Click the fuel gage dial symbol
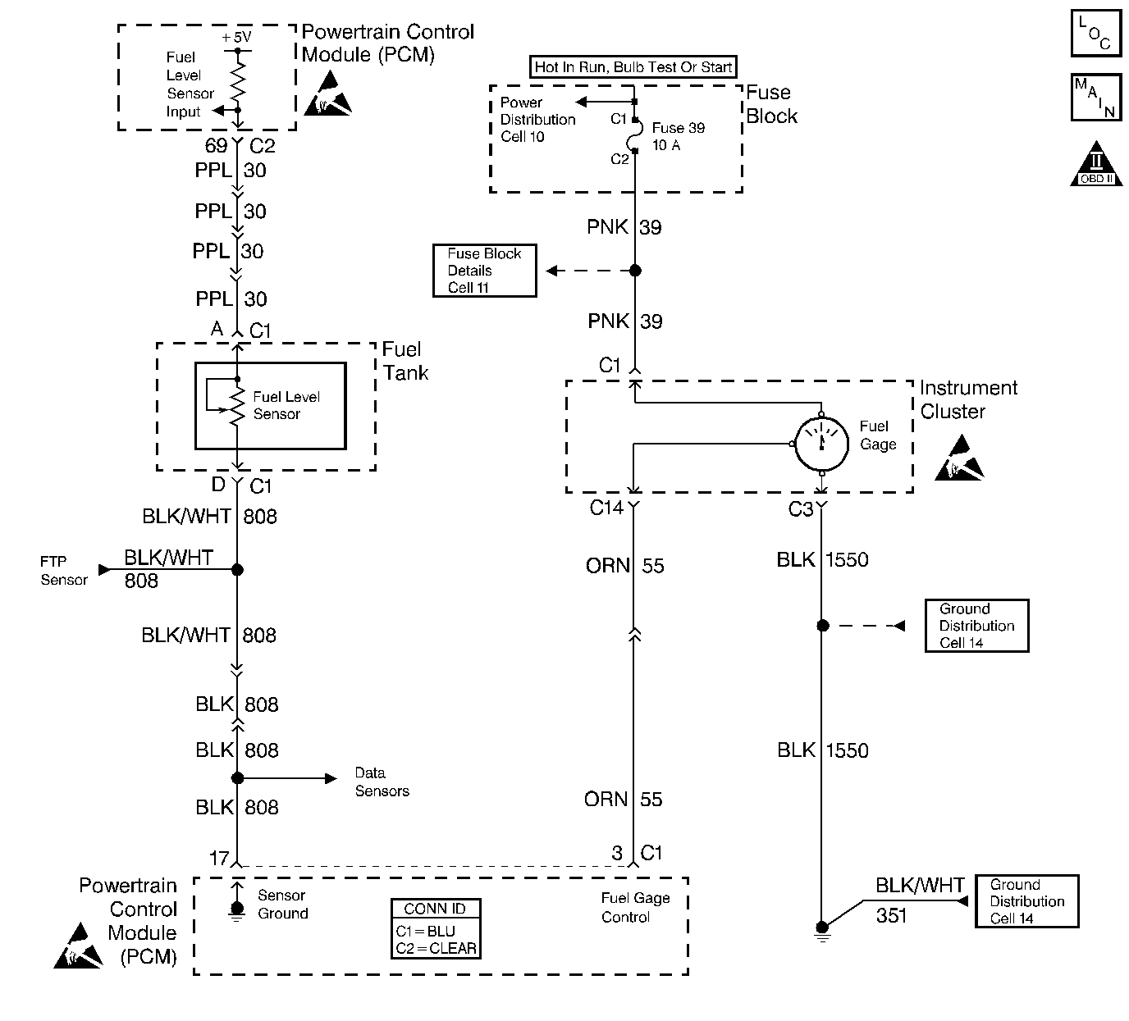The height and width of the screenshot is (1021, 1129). click(x=822, y=444)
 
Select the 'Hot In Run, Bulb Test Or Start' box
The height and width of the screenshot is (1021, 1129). click(x=633, y=67)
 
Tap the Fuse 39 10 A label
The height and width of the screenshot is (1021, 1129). click(x=679, y=136)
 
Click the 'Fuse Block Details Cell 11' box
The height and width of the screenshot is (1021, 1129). click(x=484, y=271)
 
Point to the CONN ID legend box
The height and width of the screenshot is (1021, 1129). click(x=435, y=929)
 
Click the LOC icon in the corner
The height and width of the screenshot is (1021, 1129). click(x=1095, y=33)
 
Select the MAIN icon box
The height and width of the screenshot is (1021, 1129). click(x=1095, y=97)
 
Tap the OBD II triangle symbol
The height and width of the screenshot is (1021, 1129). click(x=1096, y=166)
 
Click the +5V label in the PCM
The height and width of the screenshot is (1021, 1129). click(x=236, y=38)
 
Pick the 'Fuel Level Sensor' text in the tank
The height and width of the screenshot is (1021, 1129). click(x=286, y=405)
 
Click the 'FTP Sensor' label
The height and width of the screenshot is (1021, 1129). click(x=64, y=571)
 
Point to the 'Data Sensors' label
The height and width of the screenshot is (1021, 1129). click(x=382, y=782)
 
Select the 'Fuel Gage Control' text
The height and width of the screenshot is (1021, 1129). click(x=635, y=908)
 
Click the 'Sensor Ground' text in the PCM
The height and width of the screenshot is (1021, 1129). click(x=282, y=905)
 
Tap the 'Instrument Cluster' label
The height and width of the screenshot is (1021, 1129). click(x=968, y=399)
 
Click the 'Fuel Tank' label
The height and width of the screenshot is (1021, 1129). click(x=405, y=361)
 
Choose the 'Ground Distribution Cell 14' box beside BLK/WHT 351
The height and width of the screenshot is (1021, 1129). click(x=1026, y=901)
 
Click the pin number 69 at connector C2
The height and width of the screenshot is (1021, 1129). click(x=216, y=146)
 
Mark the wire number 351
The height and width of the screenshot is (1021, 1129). click(x=891, y=915)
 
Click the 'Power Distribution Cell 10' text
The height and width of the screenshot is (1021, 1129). click(x=537, y=120)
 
